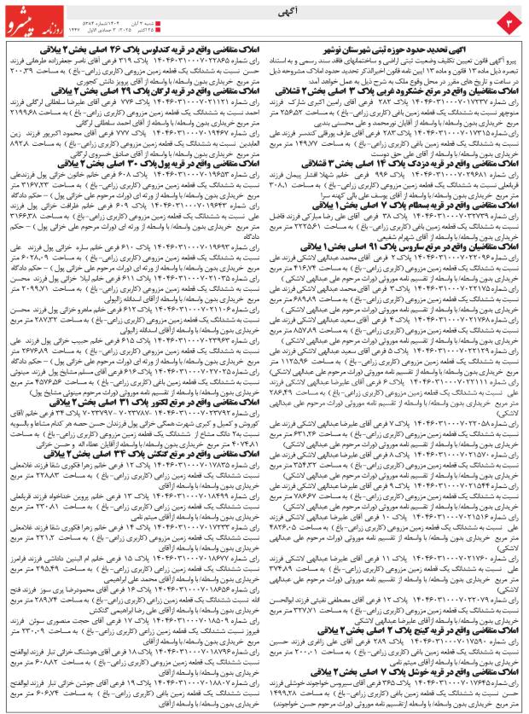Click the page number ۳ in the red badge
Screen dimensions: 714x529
click(x=509, y=20)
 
